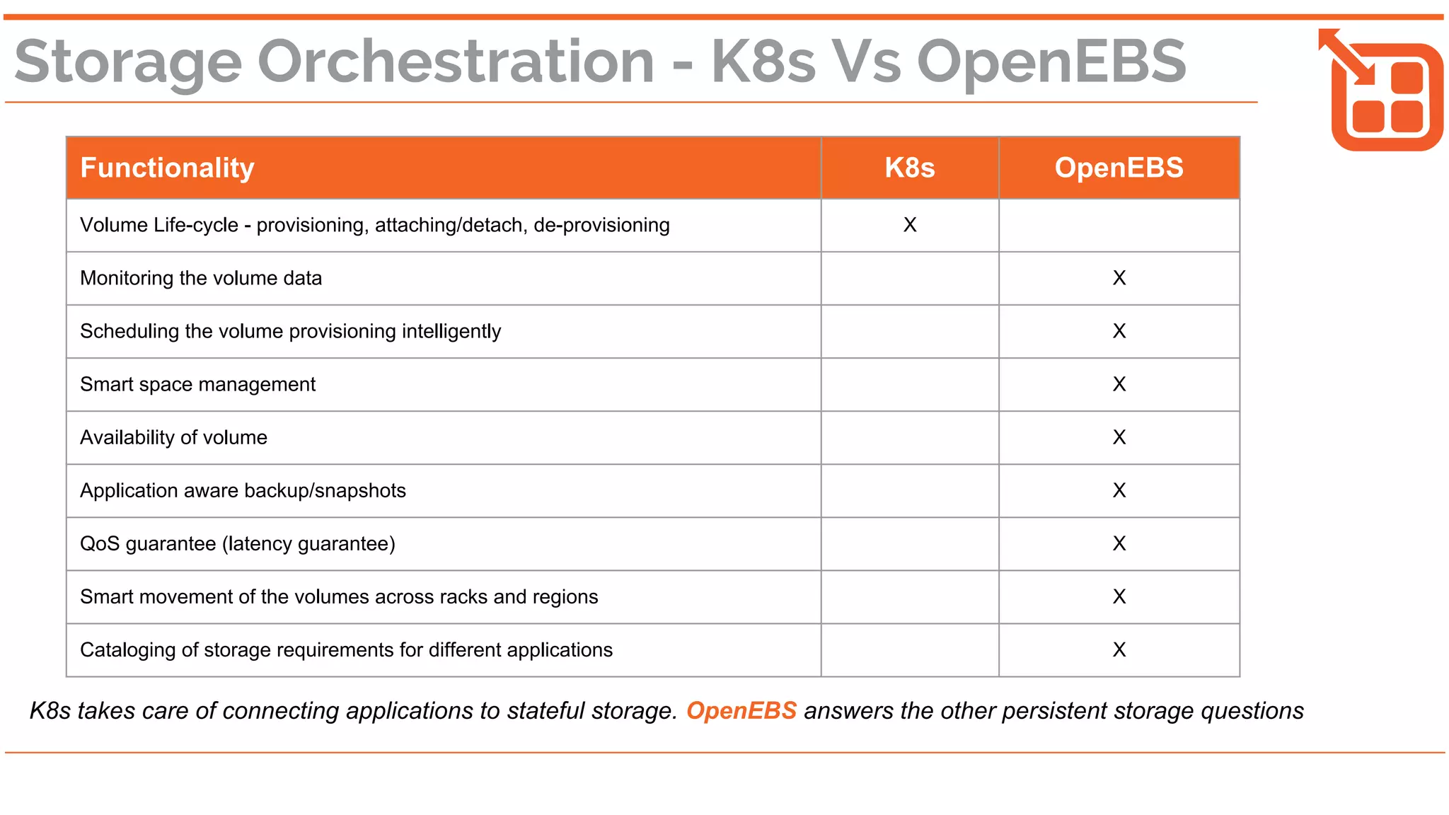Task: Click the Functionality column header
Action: point(167,168)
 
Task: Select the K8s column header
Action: point(909,168)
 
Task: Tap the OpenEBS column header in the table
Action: point(1119,168)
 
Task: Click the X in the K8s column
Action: point(909,225)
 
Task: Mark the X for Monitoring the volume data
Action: point(1119,278)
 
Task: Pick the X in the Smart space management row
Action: point(1119,384)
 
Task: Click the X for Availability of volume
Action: point(1119,437)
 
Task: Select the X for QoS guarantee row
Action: point(1119,543)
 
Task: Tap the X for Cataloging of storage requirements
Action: point(1119,649)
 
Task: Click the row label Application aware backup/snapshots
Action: point(243,490)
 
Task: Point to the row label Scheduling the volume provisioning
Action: point(290,331)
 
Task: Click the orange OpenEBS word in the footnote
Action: point(741,710)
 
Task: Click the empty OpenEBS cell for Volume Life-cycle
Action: point(1119,225)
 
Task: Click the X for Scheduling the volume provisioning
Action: point(1119,331)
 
